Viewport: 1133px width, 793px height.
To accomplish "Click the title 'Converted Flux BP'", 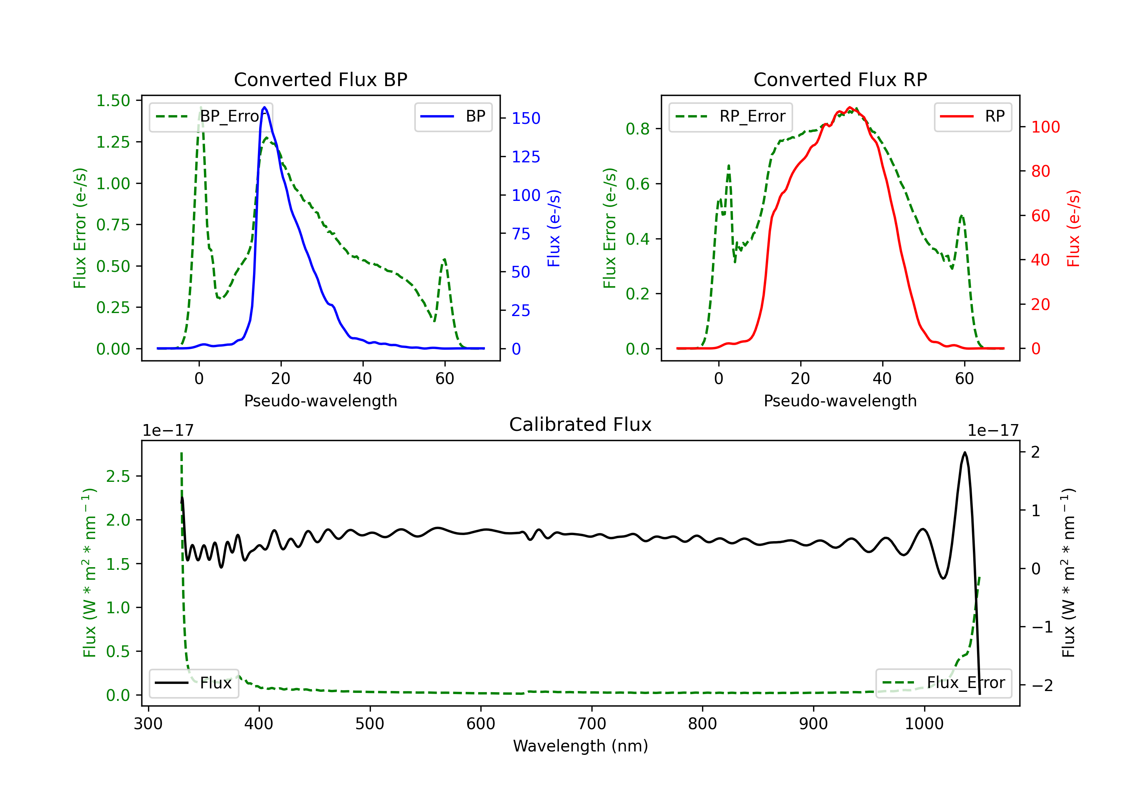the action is coord(321,79).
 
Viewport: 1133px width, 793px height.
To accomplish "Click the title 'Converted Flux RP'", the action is coord(840,79).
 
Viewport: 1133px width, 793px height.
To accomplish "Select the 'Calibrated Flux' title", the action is coord(580,424).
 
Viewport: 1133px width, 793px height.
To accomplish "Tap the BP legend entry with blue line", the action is coord(453,116).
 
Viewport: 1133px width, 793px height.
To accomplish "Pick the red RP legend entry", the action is coord(972,116).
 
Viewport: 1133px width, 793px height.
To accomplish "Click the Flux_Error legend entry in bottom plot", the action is coord(943,683).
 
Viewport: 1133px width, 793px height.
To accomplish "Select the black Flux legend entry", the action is coord(193,683).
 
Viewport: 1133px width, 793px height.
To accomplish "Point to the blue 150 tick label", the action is coord(526,119).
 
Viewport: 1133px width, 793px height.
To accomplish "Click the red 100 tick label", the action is coord(1046,127).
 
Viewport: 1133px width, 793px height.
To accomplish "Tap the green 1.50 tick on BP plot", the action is coord(113,101).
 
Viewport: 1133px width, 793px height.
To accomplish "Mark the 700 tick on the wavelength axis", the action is coord(592,724).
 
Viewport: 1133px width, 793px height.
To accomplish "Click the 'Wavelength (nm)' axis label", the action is coord(580,746).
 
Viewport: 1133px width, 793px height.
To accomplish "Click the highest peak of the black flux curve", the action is coord(965,452).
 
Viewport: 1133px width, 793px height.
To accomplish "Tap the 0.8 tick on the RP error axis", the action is coord(638,129).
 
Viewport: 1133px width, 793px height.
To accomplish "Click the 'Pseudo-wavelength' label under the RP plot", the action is coord(840,401).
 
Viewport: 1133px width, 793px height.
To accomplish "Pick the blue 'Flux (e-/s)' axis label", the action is coord(554,228).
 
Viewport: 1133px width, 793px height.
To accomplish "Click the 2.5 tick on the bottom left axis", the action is coord(118,476).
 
